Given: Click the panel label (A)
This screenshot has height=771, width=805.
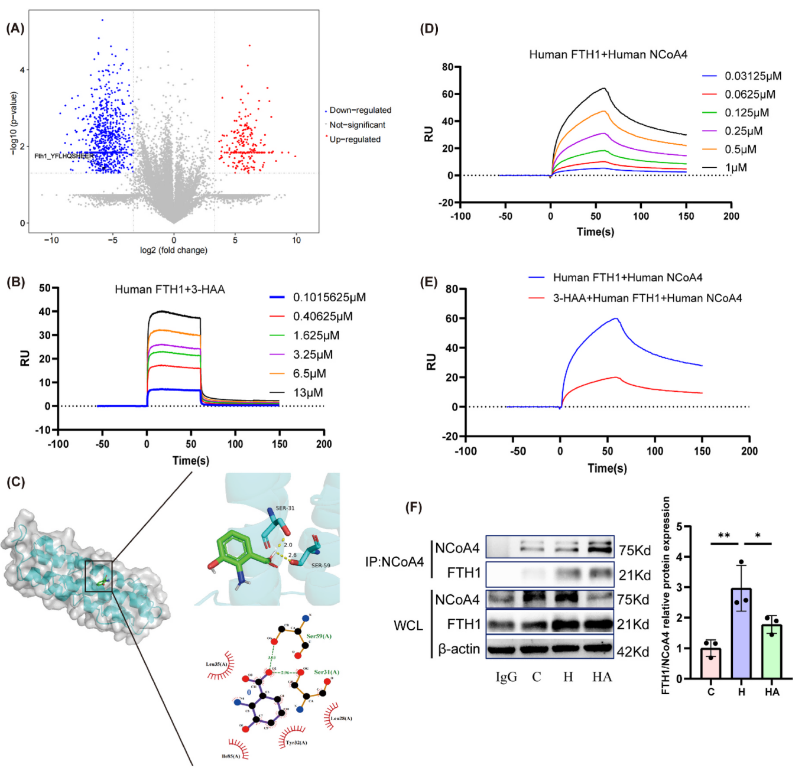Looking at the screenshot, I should pos(15,28).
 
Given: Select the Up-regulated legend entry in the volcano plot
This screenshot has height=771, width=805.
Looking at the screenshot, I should pos(355,139).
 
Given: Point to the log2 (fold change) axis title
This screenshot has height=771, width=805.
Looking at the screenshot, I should pos(173,250).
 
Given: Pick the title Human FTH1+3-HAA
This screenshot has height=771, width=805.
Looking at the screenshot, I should pos(170,289).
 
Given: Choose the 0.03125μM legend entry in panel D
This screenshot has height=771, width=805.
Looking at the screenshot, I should pos(752,76).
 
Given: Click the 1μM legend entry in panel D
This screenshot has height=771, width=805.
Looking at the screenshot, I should pos(736,168).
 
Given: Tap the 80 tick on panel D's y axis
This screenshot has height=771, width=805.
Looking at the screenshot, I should pos(447,67).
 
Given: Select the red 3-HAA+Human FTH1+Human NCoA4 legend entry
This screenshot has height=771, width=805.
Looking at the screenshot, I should pos(647,298).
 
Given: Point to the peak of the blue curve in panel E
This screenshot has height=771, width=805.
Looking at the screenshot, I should pos(617,318).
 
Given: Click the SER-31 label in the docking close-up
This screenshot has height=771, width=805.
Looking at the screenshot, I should pos(285,508).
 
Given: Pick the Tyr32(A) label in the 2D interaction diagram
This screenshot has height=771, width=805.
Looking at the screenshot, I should pos(296,743).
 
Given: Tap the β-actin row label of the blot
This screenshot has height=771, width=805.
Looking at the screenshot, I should pos(459,649).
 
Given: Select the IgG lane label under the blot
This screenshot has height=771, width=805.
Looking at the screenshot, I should pos(506,677).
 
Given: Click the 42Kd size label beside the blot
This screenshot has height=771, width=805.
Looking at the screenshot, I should pos(633,652).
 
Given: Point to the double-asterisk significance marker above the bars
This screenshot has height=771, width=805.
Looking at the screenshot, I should pos(724,536).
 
